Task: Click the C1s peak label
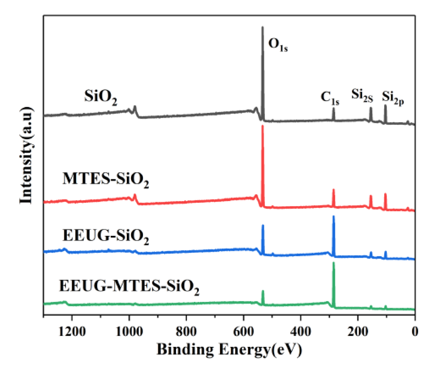(330, 98)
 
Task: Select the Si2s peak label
(362, 95)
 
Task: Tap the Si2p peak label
(393, 98)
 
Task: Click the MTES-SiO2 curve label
(105, 180)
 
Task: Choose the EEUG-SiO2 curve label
(105, 236)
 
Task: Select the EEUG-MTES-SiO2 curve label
(129, 287)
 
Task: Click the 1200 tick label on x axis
(72, 332)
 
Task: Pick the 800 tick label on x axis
(186, 332)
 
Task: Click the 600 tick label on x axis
(244, 332)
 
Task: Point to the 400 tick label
(301, 332)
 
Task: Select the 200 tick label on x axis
(358, 332)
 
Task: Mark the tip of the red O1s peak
(263, 125)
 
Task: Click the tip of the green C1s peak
(334, 263)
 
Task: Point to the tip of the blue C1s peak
(334, 216)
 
